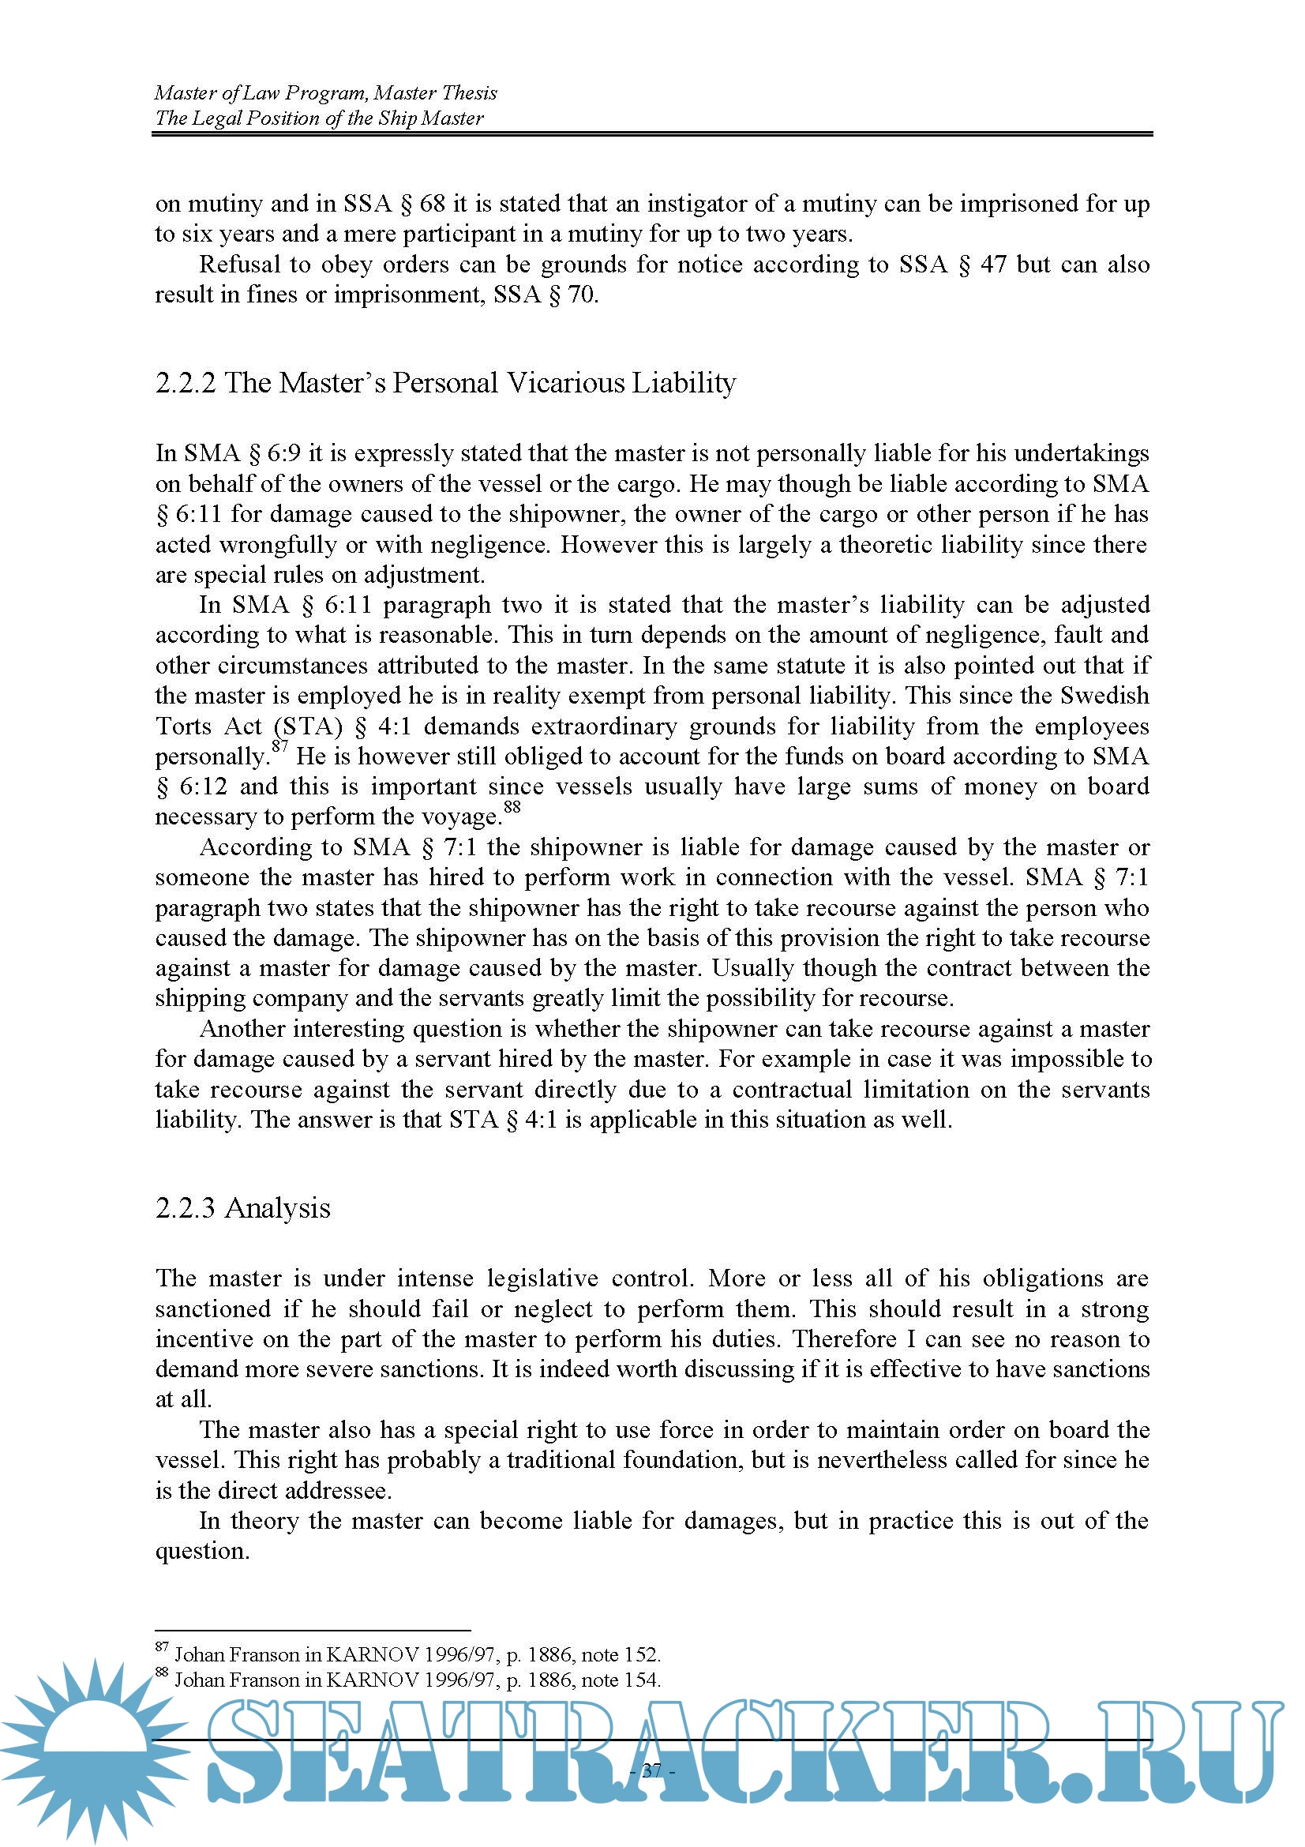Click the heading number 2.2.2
pyautogui.click(x=185, y=383)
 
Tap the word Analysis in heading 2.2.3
pyautogui.click(x=277, y=1208)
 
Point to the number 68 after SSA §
pyautogui.click(x=432, y=204)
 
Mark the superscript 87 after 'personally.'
pyautogui.click(x=279, y=745)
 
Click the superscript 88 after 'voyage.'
pyautogui.click(x=512, y=806)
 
